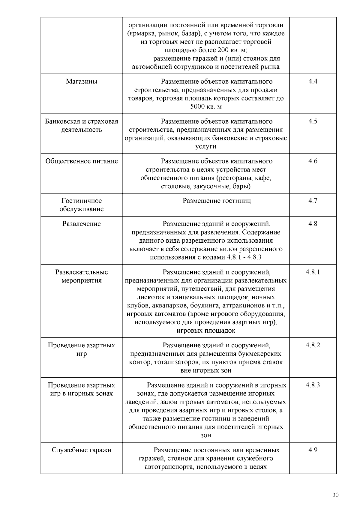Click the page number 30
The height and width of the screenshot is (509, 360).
[x=335, y=495]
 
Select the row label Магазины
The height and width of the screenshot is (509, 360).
[x=82, y=82]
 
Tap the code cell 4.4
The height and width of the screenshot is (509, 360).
[x=313, y=82]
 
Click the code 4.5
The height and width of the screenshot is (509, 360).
[x=313, y=121]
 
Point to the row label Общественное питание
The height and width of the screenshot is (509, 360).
[x=82, y=161]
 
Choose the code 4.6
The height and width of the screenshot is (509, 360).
[x=313, y=161]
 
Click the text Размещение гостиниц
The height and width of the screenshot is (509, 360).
[x=217, y=201]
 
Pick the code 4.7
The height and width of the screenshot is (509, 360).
[x=313, y=201]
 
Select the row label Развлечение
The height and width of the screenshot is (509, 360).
[x=82, y=224]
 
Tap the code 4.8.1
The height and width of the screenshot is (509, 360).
[x=313, y=272]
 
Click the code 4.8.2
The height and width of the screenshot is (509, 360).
[x=313, y=346]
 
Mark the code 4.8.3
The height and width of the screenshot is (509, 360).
[x=313, y=385]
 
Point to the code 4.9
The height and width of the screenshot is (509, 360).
[x=313, y=450]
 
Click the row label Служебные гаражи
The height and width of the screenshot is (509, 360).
[x=82, y=450]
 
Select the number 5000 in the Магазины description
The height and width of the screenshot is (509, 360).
[x=197, y=107]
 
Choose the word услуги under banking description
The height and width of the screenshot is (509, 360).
[x=206, y=147]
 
